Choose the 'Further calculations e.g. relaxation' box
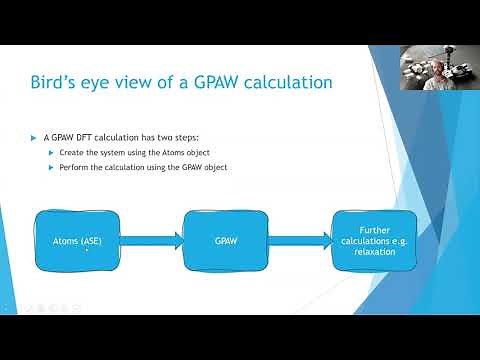tap(373, 240)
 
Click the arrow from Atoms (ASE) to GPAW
tap(153, 240)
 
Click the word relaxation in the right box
tap(373, 253)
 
